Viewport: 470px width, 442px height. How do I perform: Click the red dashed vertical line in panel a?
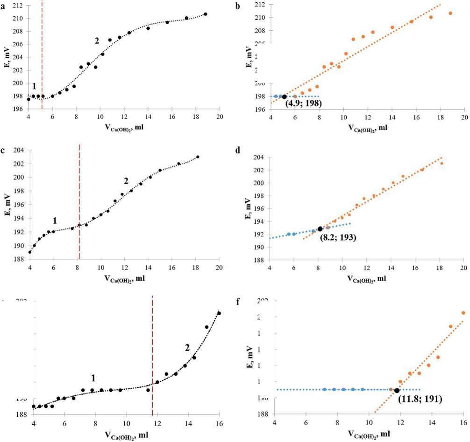(42, 56)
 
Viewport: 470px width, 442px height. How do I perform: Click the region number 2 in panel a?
(97, 41)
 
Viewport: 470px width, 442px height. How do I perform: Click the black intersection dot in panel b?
(284, 97)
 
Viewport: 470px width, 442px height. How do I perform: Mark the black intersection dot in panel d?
(320, 229)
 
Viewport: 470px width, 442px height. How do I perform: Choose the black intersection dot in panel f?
(397, 390)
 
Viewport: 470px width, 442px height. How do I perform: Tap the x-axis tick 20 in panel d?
(464, 267)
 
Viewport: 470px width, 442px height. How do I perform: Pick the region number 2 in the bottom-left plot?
(187, 347)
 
